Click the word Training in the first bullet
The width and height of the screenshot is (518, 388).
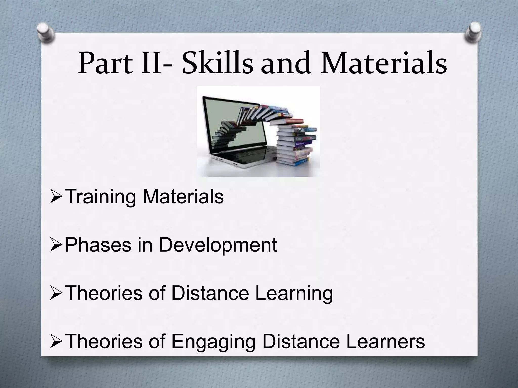pos(101,197)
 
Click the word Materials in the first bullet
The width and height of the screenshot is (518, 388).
pos(183,197)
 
